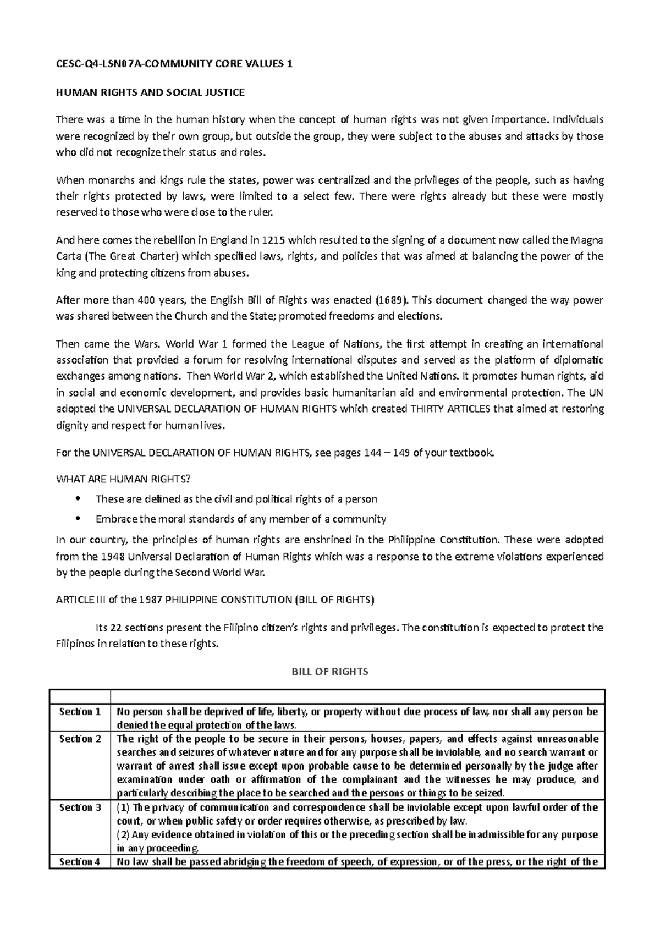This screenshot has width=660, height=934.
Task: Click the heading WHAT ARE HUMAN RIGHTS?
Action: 124,479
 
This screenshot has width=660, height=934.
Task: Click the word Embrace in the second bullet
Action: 116,519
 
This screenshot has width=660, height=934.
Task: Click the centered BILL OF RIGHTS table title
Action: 329,672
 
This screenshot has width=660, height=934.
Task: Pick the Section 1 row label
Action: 80,712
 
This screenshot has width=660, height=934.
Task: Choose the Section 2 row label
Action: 80,739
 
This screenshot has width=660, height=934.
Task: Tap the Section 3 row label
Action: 80,807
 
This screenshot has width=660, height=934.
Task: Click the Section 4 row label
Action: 80,862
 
